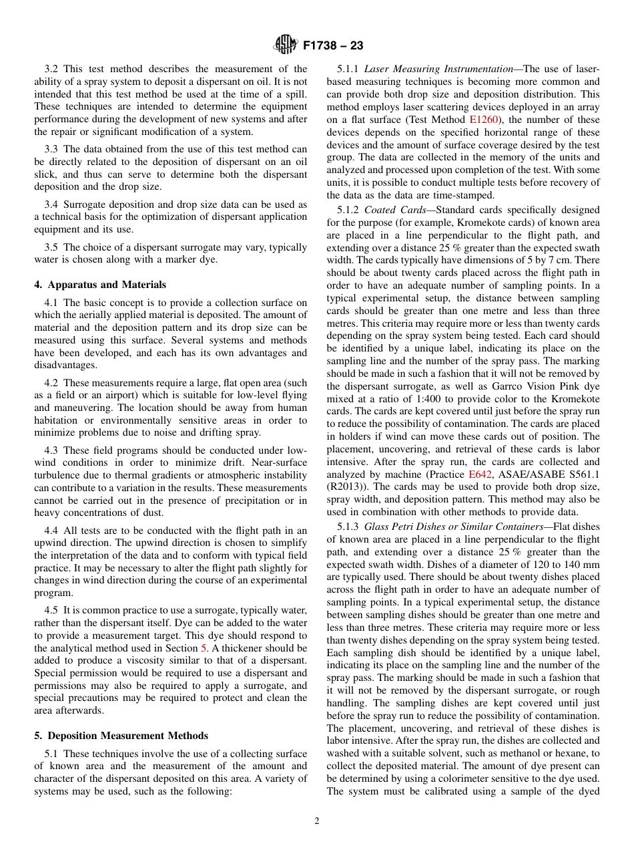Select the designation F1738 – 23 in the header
click(333, 46)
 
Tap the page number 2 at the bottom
click(317, 821)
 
